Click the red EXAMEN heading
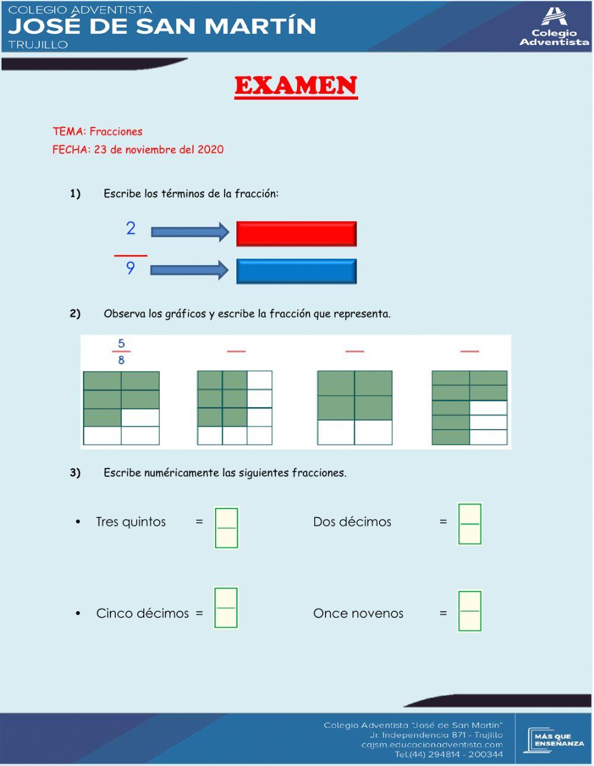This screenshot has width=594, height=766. tap(296, 86)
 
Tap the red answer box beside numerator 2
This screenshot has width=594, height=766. tap(296, 234)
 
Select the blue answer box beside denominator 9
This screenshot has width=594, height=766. tap(296, 271)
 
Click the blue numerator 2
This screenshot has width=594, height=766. tap(131, 228)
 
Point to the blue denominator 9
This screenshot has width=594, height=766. tap(131, 268)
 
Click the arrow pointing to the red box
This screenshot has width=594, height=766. tap(189, 232)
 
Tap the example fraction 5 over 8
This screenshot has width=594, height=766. tap(121, 352)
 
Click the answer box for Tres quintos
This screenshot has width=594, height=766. tap(226, 527)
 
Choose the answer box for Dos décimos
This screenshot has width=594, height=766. tap(470, 524)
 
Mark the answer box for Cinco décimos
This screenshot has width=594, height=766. tap(226, 608)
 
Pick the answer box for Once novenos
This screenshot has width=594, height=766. tap(470, 611)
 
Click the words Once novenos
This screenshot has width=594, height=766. tap(358, 614)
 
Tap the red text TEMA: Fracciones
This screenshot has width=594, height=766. tap(97, 132)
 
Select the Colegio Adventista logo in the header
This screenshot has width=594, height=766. tap(554, 27)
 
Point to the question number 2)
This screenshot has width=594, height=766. tap(75, 313)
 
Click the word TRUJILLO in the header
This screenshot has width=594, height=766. tap(38, 45)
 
